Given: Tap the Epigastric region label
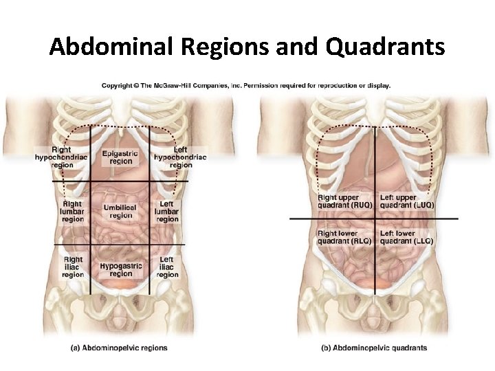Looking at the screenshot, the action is coord(120,157).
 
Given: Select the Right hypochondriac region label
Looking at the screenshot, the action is coord(62,157).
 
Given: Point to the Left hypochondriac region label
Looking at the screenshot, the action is coord(180,157).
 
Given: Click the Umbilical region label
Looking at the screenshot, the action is coord(120,211).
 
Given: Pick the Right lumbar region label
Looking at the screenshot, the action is coord(72,212).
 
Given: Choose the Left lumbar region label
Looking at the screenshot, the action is coord(167,212).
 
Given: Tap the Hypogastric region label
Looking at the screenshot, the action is coord(121,269).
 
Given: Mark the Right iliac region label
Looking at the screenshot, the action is coord(73,267).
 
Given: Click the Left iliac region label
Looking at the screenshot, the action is coord(167,267).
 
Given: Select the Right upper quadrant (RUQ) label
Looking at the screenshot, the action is coord(344,201).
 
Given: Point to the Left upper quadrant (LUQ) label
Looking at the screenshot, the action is coord(407,201).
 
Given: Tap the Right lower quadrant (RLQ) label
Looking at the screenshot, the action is coord(344,237).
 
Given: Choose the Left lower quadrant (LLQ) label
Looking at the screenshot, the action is coord(406,237).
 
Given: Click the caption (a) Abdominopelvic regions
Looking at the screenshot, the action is coord(119,348).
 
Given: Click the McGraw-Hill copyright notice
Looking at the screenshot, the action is coord(246,86).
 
